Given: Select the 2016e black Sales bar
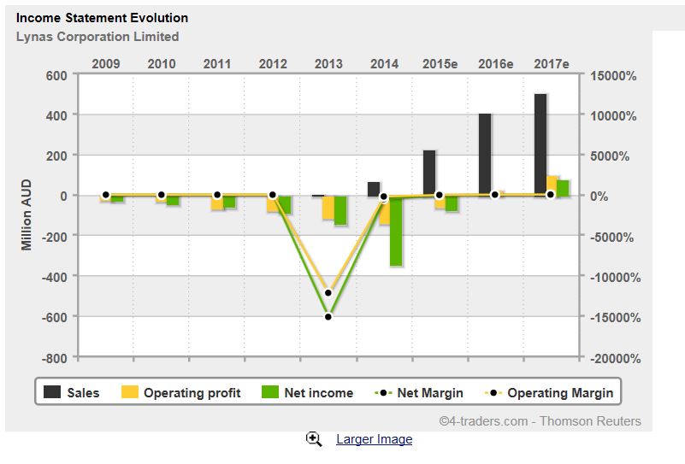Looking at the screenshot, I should pyautogui.click(x=485, y=154).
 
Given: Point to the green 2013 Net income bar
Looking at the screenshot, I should pyautogui.click(x=340, y=210).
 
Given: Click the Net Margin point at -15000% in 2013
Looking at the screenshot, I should pyautogui.click(x=328, y=316).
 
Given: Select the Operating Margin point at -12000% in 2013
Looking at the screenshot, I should pyautogui.click(x=328, y=292).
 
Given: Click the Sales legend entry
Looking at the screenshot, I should pyautogui.click(x=72, y=393).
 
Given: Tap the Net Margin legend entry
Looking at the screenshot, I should pyautogui.click(x=419, y=393).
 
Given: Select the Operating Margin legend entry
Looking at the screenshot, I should pyautogui.click(x=548, y=393).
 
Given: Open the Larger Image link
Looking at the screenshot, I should pyautogui.click(x=374, y=439).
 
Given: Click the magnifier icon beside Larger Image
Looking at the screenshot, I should pyautogui.click(x=314, y=438).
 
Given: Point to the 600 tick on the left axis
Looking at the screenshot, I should pyautogui.click(x=56, y=74).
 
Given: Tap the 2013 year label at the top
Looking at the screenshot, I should pyautogui.click(x=328, y=63).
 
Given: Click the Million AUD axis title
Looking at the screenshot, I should pyautogui.click(x=27, y=214).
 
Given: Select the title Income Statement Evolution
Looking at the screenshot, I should pyautogui.click(x=102, y=17).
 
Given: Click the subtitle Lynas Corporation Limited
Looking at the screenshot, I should pyautogui.click(x=97, y=37).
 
